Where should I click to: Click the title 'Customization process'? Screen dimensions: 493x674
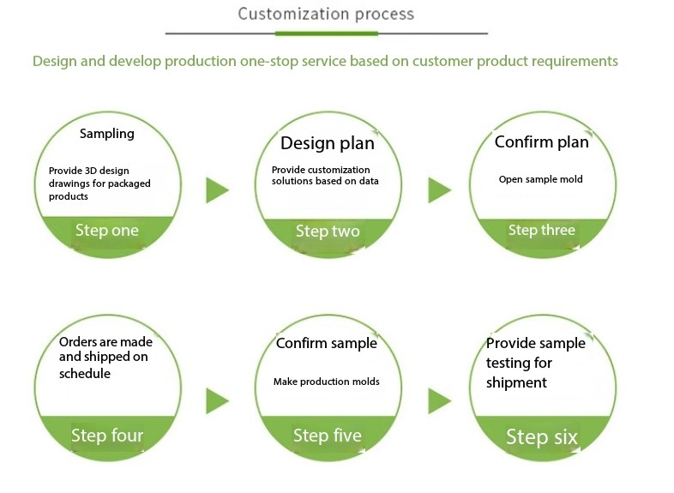pyautogui.click(x=326, y=14)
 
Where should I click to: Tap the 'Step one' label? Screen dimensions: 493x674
pyautogui.click(x=106, y=230)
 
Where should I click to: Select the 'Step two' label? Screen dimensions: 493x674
pyautogui.click(x=328, y=231)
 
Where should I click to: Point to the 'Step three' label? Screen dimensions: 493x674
pyautogui.click(x=541, y=230)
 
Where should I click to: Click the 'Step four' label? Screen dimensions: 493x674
pyautogui.click(x=106, y=436)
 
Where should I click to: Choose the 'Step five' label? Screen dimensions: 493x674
pyautogui.click(x=327, y=436)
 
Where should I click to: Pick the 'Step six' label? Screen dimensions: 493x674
pyautogui.click(x=541, y=437)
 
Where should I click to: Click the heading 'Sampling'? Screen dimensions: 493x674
pyautogui.click(x=107, y=133)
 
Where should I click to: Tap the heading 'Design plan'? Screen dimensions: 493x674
pyautogui.click(x=328, y=143)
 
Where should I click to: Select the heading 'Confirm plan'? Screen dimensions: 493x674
pyautogui.click(x=542, y=141)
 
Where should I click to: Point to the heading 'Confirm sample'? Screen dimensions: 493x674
pyautogui.click(x=327, y=343)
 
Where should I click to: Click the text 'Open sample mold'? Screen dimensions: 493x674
pyautogui.click(x=540, y=179)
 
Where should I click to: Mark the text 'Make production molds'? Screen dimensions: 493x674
pyautogui.click(x=326, y=382)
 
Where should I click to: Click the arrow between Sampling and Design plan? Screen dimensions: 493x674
pyautogui.click(x=217, y=190)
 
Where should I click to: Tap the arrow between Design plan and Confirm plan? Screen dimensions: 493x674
pyautogui.click(x=439, y=190)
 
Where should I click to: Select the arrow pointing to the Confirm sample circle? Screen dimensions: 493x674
pyautogui.click(x=217, y=400)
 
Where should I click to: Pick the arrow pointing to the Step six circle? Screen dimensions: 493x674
pyautogui.click(x=439, y=400)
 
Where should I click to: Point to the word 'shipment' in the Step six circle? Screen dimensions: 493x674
pyautogui.click(x=516, y=382)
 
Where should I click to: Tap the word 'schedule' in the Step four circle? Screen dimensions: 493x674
pyautogui.click(x=85, y=374)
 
